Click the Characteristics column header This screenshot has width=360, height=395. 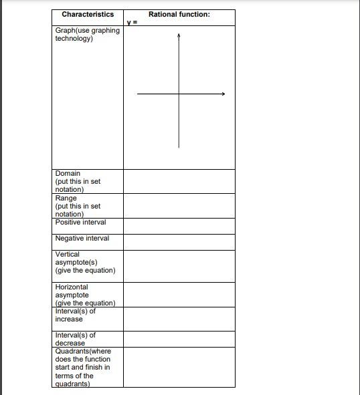tap(88, 14)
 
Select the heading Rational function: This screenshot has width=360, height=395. tap(179, 14)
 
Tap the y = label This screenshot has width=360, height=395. tap(132, 22)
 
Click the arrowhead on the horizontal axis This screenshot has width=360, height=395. tap(223, 94)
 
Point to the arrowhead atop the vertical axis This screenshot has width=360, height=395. tap(179, 37)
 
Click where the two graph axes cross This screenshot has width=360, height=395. tap(179, 94)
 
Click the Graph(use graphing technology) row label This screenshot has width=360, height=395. tap(87, 34)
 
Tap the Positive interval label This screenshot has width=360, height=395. tap(80, 223)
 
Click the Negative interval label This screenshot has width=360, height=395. tap(82, 239)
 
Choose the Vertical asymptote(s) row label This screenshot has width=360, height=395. tap(85, 262)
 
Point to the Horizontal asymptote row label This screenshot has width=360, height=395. tap(85, 295)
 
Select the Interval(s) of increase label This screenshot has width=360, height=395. tap(75, 315)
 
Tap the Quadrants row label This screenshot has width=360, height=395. tap(83, 367)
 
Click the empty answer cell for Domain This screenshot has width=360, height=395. tap(179, 181)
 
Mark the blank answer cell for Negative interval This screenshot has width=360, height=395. tap(179, 242)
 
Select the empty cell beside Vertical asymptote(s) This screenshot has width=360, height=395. tap(179, 266)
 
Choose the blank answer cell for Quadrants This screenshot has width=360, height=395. tap(179, 367)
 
